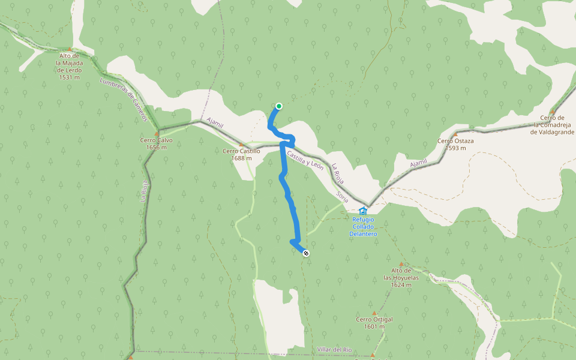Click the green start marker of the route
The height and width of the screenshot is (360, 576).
(279, 106)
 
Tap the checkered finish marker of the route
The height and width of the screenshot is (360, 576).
(307, 253)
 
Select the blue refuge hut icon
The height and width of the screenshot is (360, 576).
(362, 211)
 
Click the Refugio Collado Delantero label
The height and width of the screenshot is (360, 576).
(364, 226)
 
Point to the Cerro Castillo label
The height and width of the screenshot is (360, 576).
(241, 155)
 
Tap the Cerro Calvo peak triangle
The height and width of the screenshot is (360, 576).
(157, 133)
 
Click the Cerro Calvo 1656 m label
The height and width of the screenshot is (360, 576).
(157, 144)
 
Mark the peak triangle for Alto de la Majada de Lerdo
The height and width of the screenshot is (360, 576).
(70, 49)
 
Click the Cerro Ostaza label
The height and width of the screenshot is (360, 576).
(455, 145)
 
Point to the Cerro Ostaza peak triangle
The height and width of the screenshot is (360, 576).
(455, 134)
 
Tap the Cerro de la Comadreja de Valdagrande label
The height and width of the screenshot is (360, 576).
(552, 124)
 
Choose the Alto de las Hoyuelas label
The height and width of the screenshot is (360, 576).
(401, 278)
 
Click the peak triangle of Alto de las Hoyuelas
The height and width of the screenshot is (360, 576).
(401, 265)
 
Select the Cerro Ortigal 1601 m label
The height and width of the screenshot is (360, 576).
(374, 323)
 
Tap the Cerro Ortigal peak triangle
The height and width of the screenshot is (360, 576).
(374, 313)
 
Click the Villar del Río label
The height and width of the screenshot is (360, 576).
(335, 349)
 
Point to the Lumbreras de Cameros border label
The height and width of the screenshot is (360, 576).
(124, 100)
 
